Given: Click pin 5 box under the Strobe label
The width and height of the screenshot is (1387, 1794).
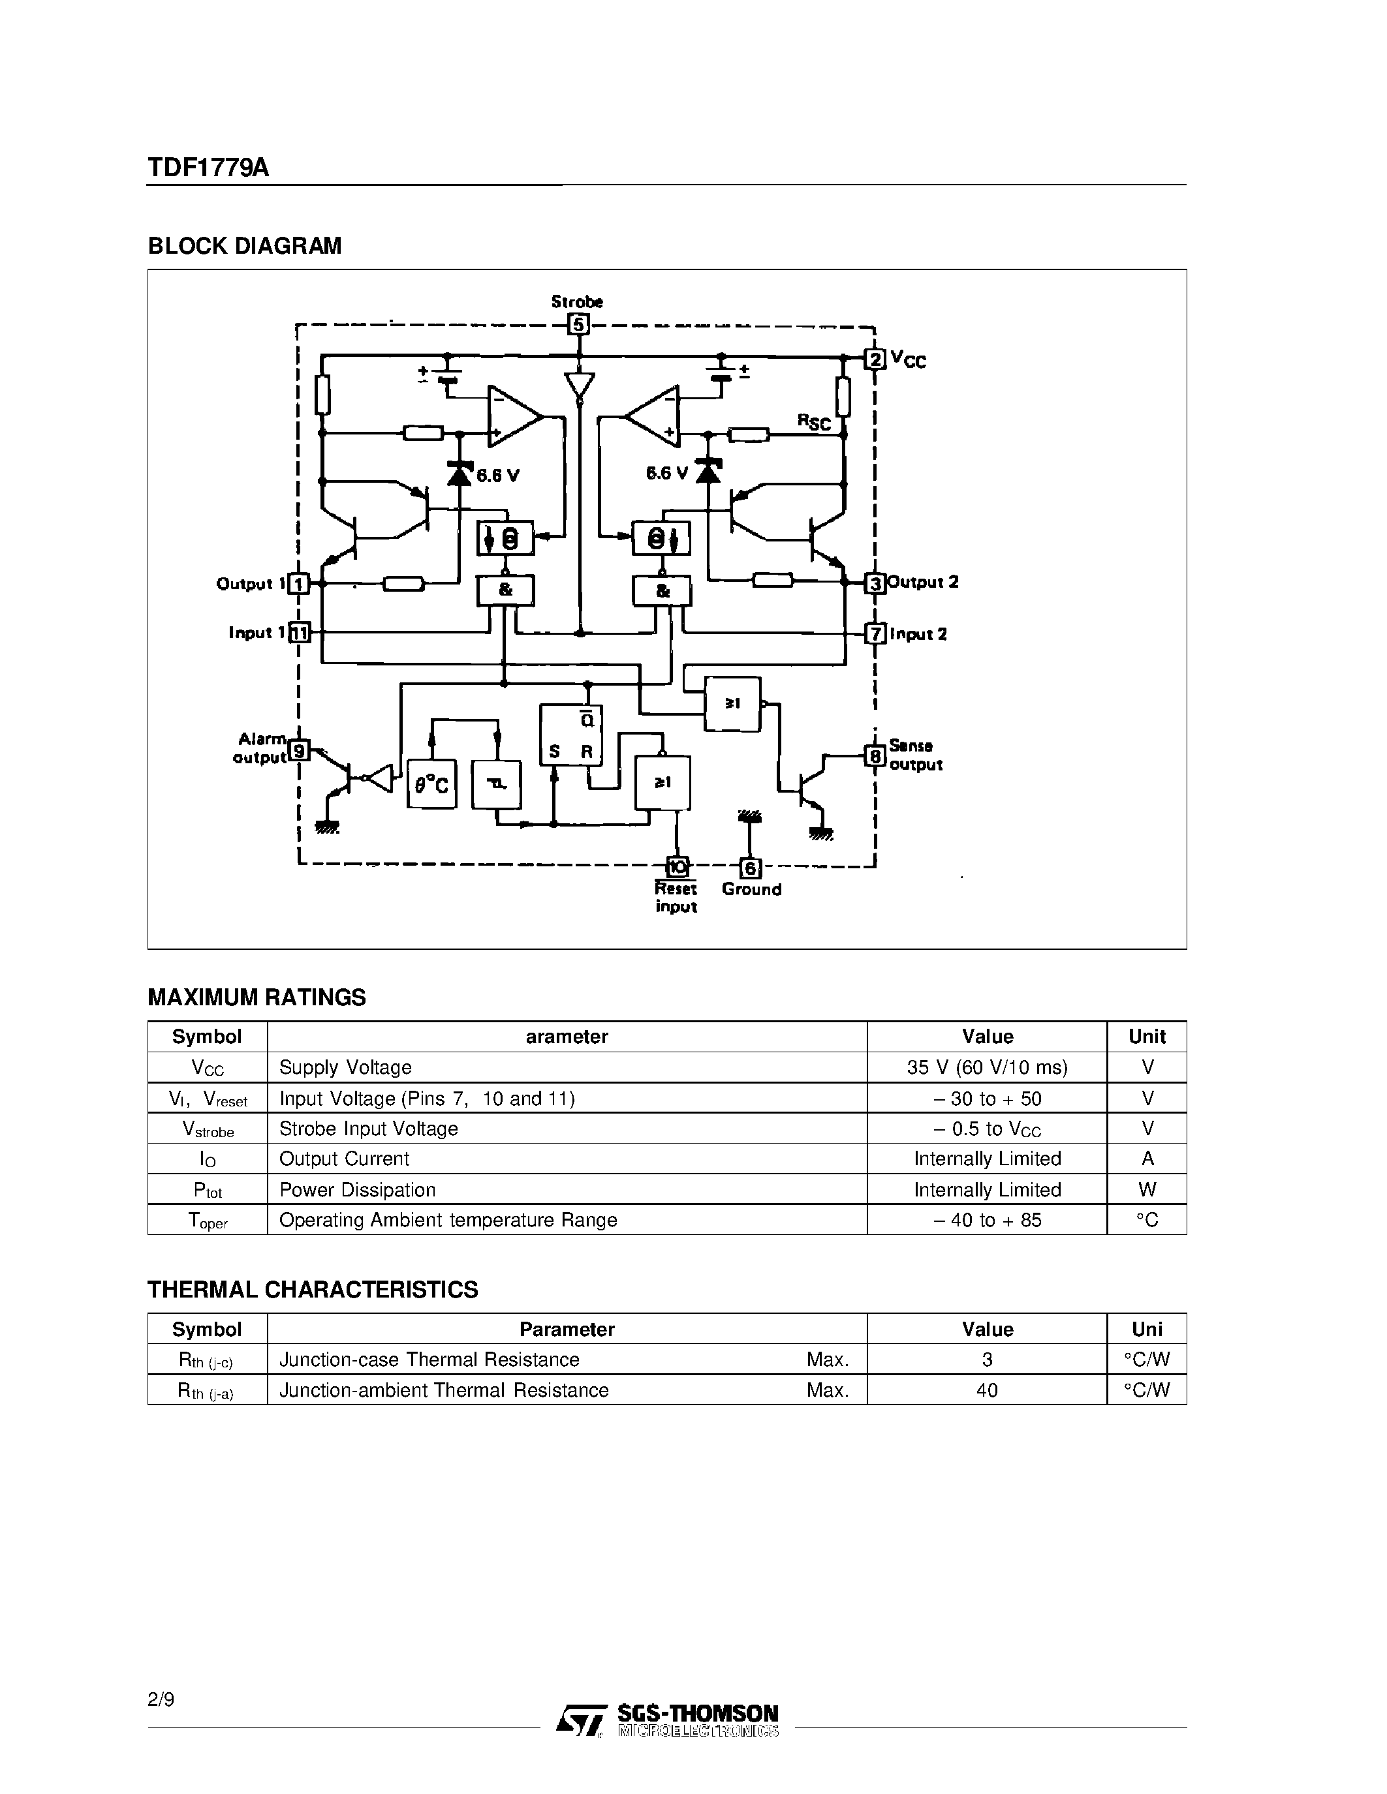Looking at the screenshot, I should tap(578, 324).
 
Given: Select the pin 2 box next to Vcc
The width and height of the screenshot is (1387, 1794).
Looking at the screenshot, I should tap(876, 359).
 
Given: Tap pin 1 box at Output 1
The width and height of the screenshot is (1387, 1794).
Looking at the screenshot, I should tap(299, 584).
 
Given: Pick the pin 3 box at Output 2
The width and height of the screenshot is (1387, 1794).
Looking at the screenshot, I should tap(876, 583).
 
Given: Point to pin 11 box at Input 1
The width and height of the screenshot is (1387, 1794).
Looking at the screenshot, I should tap(300, 633).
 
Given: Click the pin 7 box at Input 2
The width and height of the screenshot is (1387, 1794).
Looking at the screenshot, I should tap(876, 633).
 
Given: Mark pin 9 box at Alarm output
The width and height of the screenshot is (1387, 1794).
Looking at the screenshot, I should tap(300, 750).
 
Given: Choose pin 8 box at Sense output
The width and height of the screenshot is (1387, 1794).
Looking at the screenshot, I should tap(876, 755).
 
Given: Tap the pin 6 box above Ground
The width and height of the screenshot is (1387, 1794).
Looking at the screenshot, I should tap(750, 868).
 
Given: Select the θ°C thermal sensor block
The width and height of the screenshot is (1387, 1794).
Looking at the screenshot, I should tap(431, 785).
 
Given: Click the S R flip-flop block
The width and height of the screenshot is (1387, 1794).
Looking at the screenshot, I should tap(571, 735).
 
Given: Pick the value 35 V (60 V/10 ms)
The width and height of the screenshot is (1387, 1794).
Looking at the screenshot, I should tap(987, 1067).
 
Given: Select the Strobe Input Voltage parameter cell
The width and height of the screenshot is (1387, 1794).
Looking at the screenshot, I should tap(369, 1129).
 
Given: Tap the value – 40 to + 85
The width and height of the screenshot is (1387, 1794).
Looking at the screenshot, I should tap(987, 1220).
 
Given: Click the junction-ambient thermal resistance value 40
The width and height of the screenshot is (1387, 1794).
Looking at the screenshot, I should tap(987, 1390).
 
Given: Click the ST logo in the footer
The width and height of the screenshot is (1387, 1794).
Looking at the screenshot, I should tap(581, 1719).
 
